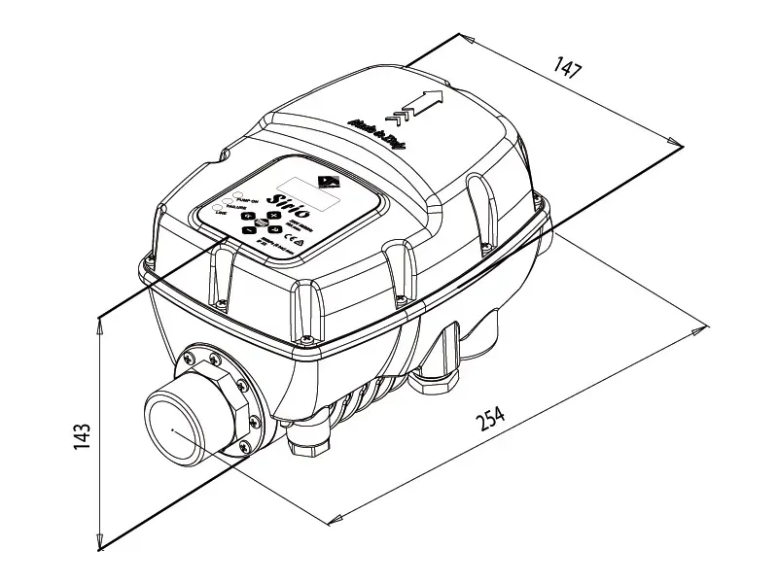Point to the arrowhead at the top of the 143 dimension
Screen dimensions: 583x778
click(100, 323)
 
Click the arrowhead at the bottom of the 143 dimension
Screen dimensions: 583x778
click(100, 545)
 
